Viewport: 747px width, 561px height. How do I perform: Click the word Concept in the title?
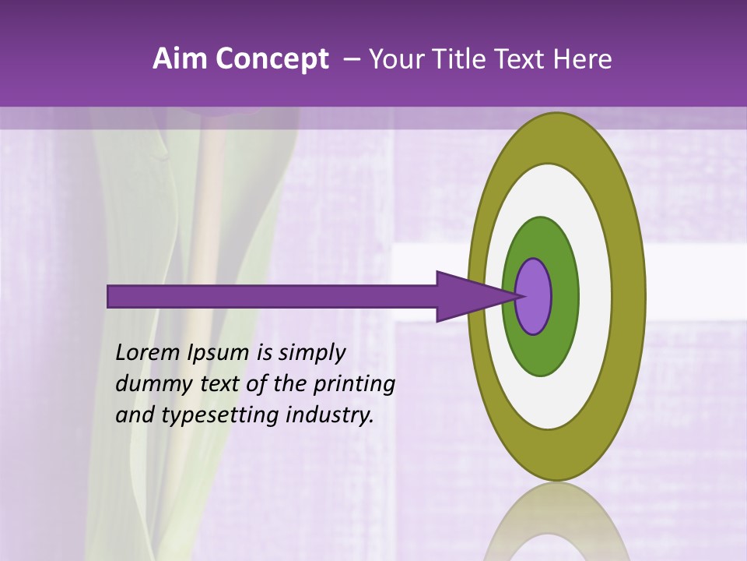[x=272, y=59]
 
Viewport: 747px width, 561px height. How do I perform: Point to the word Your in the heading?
[x=394, y=59]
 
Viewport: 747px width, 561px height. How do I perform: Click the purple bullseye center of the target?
[x=534, y=296]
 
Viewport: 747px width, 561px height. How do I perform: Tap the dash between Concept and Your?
[x=351, y=59]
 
